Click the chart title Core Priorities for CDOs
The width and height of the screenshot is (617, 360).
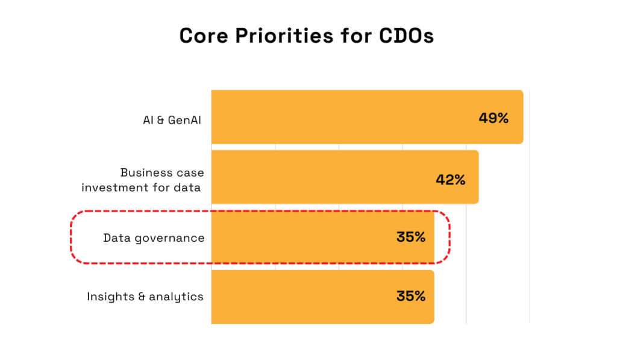(307, 36)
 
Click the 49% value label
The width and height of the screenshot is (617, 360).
(493, 118)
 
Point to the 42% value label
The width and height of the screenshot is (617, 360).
(450, 180)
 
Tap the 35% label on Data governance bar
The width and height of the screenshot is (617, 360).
(411, 237)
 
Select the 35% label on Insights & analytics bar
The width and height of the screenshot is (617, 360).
(411, 297)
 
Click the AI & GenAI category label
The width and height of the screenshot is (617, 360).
(168, 119)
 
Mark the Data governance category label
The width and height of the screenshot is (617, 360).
(154, 238)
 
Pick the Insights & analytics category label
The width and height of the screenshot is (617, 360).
(145, 297)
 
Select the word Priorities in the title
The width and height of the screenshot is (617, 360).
(286, 36)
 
